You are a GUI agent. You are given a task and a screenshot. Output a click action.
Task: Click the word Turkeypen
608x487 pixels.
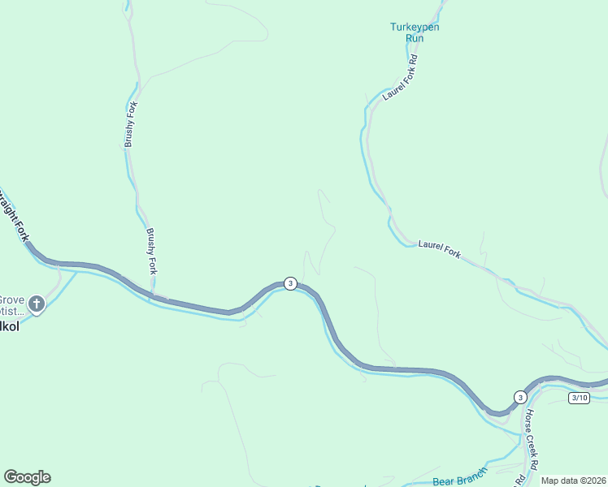415,27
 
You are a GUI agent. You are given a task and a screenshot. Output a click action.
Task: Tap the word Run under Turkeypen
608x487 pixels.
415,37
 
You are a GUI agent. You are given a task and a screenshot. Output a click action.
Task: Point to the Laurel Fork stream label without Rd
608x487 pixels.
440,249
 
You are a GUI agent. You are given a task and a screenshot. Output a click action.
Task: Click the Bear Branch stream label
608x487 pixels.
459,475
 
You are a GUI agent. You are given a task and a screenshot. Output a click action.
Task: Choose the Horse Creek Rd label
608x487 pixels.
532,438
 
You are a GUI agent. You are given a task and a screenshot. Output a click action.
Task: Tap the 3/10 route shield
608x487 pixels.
579,397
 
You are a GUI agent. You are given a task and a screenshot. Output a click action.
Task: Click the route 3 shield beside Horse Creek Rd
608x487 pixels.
519,396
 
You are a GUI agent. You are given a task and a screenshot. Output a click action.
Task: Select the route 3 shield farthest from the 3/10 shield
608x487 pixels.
290,283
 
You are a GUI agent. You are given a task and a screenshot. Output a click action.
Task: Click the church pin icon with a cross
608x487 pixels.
36,304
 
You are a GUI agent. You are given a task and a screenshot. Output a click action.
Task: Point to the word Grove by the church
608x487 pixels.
11,299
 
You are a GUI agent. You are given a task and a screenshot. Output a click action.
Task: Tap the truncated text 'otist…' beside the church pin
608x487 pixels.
11,311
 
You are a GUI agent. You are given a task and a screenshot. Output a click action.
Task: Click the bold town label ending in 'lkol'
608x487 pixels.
8,327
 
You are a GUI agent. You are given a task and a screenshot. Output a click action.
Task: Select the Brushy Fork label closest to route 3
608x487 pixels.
150,252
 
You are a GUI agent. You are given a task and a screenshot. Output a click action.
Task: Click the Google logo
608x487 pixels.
27,477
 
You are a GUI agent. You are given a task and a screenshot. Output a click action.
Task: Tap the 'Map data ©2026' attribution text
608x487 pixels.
574,481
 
